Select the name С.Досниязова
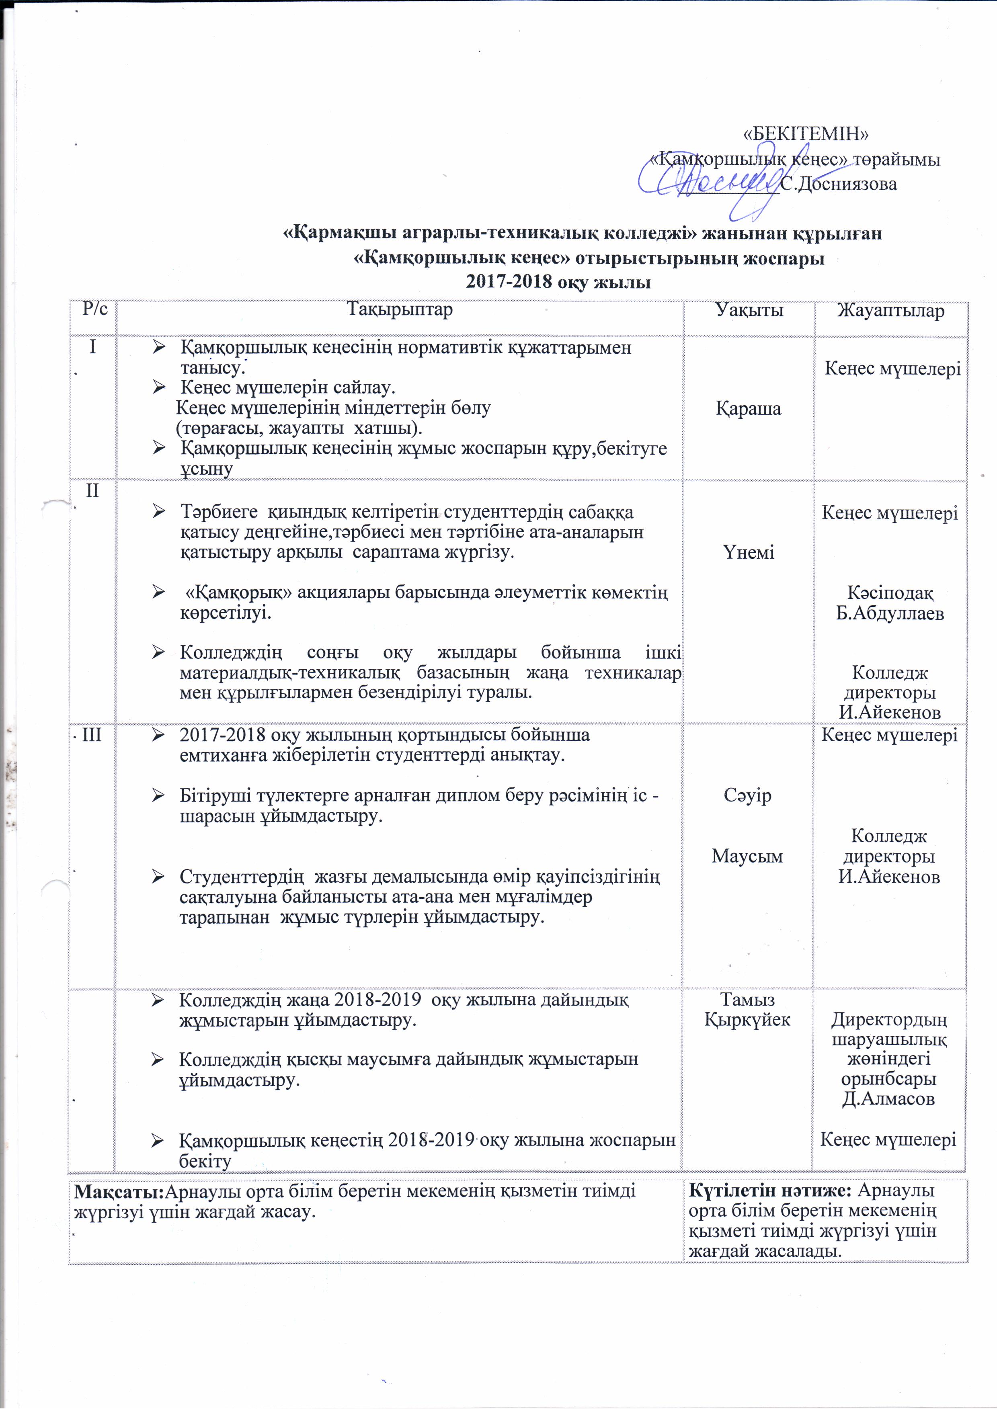tap(839, 184)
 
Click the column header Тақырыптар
tap(400, 309)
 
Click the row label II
tap(93, 491)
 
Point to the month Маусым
tap(748, 856)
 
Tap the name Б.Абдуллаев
tap(890, 613)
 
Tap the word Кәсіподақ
tap(890, 593)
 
